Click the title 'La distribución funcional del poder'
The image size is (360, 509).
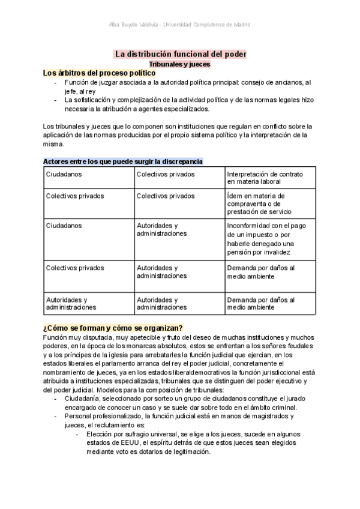coord(180,54)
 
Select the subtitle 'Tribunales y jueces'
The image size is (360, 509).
coord(179,64)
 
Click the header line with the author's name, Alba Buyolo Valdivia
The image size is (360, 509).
coord(180,25)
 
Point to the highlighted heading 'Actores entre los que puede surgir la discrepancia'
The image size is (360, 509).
coord(123,161)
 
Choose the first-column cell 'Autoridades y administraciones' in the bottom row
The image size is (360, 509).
coord(71,303)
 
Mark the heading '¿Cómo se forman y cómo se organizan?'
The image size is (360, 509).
coord(113,327)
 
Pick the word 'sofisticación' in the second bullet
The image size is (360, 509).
coord(94,100)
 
